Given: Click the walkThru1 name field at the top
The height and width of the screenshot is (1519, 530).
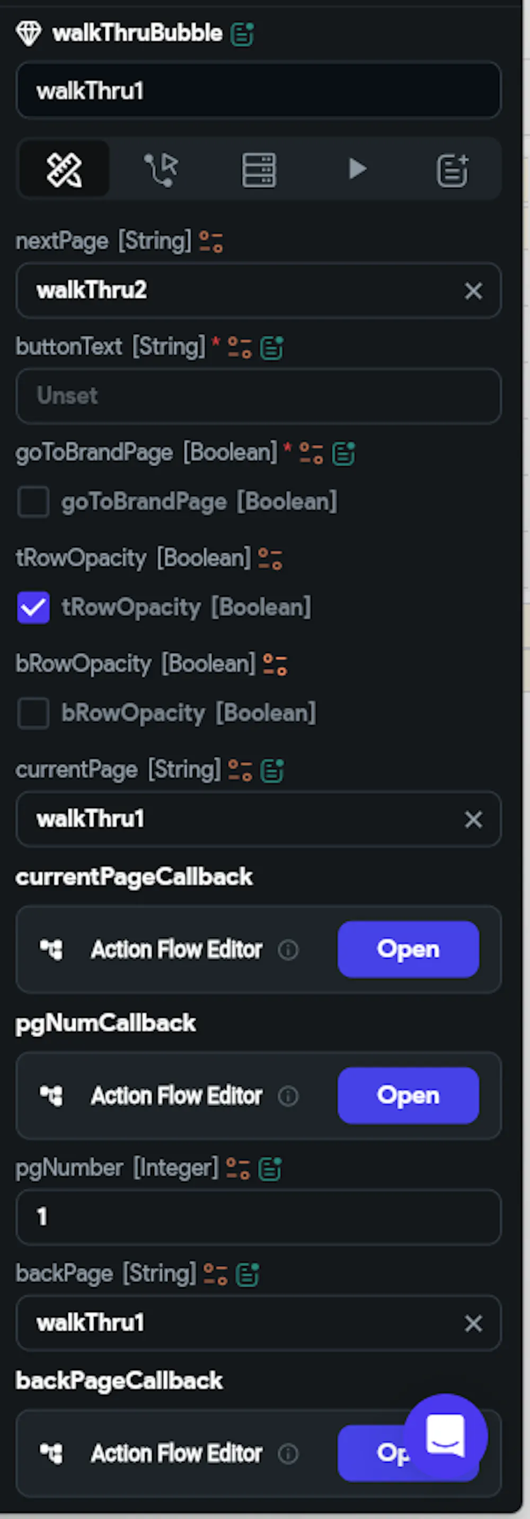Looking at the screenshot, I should coord(258,91).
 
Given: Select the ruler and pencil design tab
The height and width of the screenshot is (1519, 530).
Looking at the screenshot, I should coord(64,170).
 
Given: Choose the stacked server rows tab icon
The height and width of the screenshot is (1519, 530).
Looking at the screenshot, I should coord(259,170).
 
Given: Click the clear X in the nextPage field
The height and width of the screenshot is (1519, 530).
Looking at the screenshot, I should coord(473,291).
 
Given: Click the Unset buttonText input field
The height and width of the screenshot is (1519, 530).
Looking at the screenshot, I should coord(258,396).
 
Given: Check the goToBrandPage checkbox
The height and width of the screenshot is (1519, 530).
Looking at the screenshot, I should coord(33,502).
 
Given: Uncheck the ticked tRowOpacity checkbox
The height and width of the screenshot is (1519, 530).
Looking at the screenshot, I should coord(33,607).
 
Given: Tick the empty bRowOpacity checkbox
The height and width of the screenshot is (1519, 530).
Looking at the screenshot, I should coord(33,713).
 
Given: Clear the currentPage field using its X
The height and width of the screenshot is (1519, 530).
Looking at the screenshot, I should coord(473,819).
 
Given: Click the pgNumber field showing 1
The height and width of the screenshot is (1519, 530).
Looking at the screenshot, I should coord(258,1217).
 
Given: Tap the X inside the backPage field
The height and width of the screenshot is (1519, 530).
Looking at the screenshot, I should coord(473,1323).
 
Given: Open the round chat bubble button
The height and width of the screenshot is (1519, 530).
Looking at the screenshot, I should coord(446,1436).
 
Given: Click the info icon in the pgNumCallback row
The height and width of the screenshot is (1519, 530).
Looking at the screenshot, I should coord(288,1096).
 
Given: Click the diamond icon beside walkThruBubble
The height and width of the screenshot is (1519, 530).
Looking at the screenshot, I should coord(28,33).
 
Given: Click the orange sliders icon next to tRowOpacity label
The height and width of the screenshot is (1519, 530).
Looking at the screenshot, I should coord(270,558).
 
